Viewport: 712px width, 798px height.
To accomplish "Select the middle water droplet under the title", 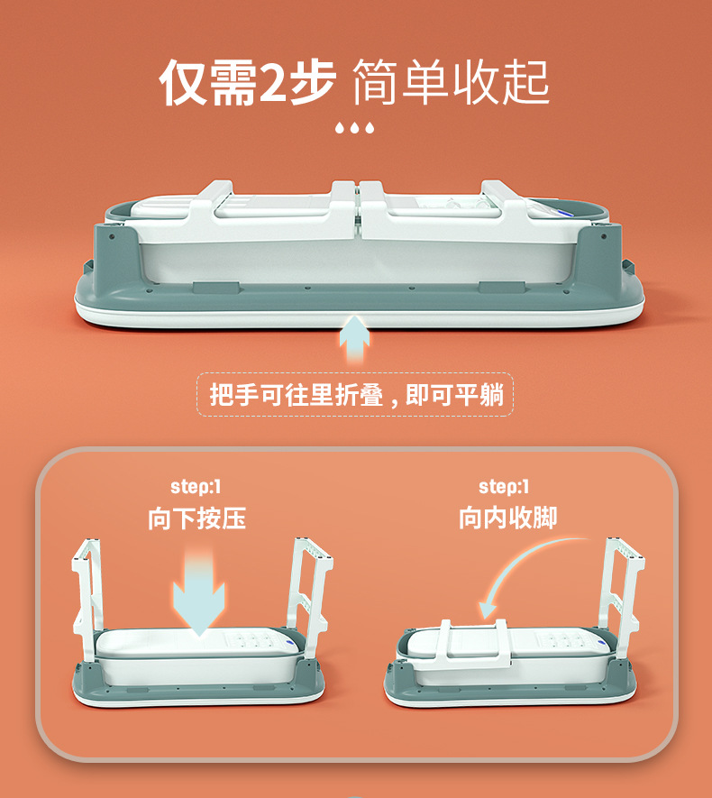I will [355, 128].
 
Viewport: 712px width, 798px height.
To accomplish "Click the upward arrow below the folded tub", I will [355, 340].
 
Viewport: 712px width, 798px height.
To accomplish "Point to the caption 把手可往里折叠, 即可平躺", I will [356, 394].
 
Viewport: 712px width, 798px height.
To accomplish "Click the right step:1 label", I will [504, 487].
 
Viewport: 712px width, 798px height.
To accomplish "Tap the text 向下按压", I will [196, 518].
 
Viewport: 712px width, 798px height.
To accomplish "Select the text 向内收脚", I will [507, 518].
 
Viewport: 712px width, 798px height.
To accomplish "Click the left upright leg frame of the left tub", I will [86, 595].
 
